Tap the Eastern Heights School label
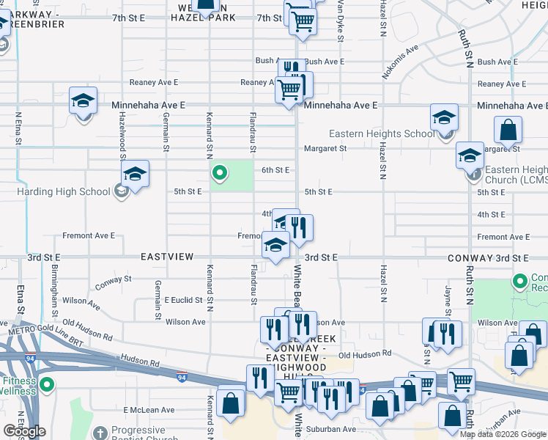click(x=382, y=133)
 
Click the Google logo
click(x=24, y=431)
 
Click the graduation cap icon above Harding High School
click(x=135, y=175)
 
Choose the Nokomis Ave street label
click(x=400, y=62)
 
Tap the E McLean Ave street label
click(x=149, y=410)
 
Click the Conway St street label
click(x=113, y=279)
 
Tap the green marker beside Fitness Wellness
click(x=47, y=384)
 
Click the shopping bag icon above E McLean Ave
click(x=232, y=403)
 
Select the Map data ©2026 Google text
click(x=503, y=433)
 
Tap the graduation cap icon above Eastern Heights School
click(x=444, y=117)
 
